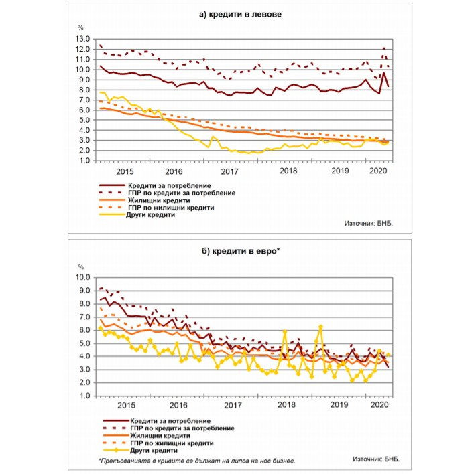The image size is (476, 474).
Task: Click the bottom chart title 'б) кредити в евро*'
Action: pyautogui.click(x=238, y=250)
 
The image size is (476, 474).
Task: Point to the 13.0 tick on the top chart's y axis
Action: pyautogui.click(x=82, y=38)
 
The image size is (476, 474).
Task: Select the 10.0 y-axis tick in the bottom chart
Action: pyautogui.click(x=82, y=277)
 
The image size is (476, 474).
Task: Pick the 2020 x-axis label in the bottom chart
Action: pyautogui.click(x=379, y=406)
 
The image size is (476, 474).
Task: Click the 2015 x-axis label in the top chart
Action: pyautogui.click(x=124, y=171)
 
